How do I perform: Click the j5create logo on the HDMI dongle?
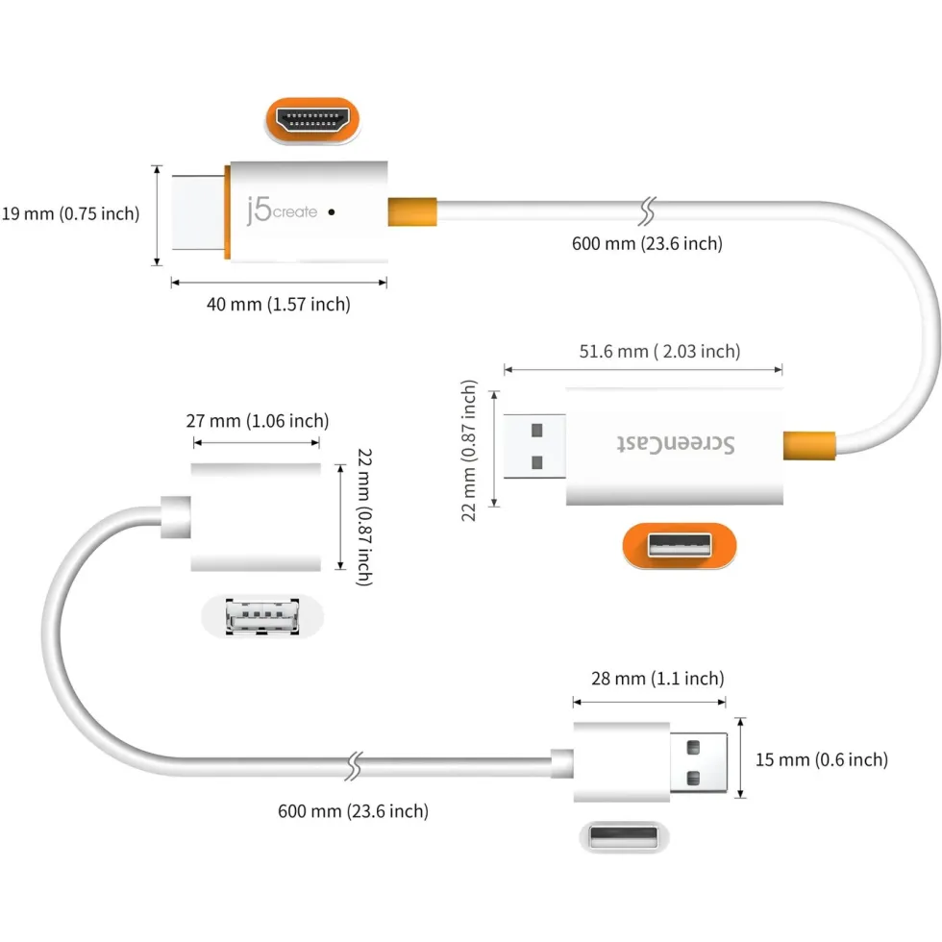pos(282,211)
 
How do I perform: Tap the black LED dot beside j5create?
pos(332,212)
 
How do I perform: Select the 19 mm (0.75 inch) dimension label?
pos(70,213)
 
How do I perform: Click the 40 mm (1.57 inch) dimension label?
pos(279,304)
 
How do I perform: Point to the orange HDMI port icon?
pos(312,120)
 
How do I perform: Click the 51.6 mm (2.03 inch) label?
pos(659,351)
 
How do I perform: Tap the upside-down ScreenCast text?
pos(676,444)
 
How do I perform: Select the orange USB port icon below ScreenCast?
pos(680,546)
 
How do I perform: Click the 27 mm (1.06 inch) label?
pos(258,421)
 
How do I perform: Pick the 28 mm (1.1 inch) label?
pos(657,679)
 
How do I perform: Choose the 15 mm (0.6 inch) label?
pos(822,759)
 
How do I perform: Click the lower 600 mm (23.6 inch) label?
pos(354,811)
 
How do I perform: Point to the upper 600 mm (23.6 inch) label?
pos(647,243)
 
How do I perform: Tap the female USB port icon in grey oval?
pos(262,616)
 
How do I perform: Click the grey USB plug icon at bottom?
pos(624,837)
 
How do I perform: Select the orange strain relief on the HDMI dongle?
pos(412,211)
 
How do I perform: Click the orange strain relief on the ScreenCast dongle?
pos(809,446)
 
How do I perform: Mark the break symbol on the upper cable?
pos(647,211)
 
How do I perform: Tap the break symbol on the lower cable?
pos(355,766)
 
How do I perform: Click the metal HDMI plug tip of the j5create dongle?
pos(198,212)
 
